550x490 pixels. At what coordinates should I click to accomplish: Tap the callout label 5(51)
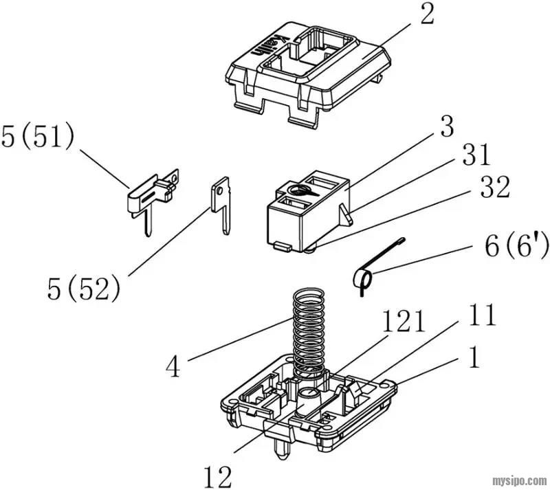[x=38, y=137]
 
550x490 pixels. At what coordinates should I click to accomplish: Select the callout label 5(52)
[x=83, y=289]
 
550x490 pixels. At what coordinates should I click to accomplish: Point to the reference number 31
[x=476, y=155]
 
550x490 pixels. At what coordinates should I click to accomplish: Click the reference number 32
[x=495, y=187]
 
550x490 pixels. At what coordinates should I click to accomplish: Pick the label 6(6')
[x=516, y=246]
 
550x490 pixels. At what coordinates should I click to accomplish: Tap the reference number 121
[x=404, y=321]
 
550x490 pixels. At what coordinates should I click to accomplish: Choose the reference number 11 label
[x=482, y=315]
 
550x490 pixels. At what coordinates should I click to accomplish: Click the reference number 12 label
[x=217, y=476]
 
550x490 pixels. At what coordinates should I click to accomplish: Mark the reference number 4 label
[x=173, y=366]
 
